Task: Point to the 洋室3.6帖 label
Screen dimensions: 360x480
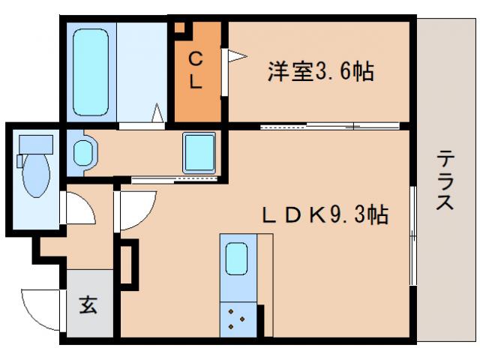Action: click(320, 73)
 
